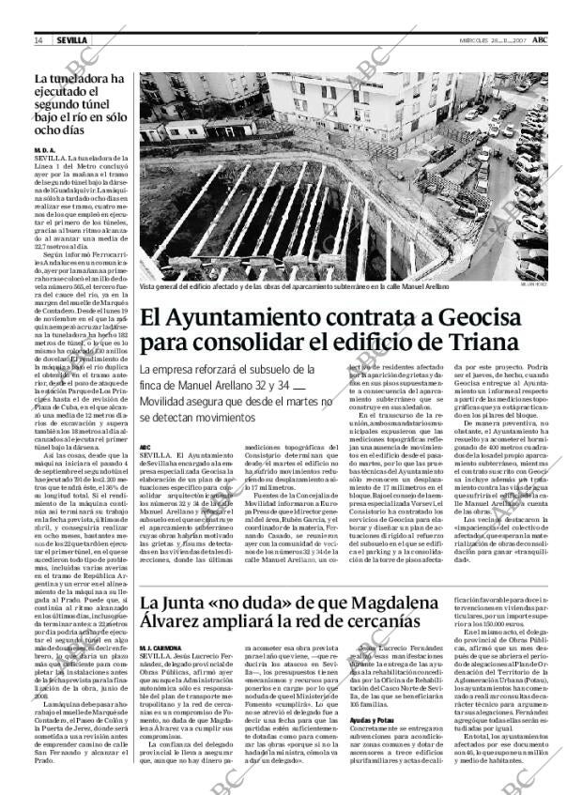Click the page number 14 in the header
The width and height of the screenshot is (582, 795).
tap(39, 40)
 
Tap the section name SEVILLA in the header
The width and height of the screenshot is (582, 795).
tap(71, 40)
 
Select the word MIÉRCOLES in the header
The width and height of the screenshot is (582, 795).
tap(457, 40)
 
